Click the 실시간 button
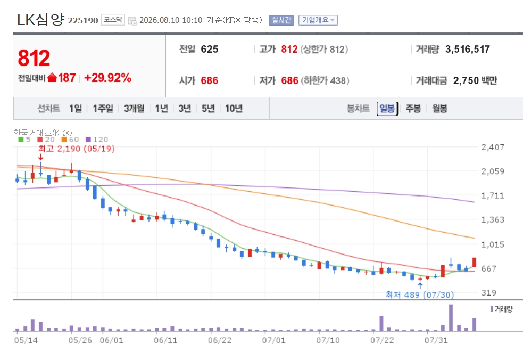tap(281, 20)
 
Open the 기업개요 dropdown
tap(318, 20)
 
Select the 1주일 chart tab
tap(103, 109)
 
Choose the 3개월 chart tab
tap(134, 109)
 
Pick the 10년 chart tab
tap(234, 109)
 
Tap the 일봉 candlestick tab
tap(387, 109)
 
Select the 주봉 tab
tap(413, 109)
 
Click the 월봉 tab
tap(439, 109)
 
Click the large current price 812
tap(34, 58)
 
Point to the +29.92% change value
tap(107, 78)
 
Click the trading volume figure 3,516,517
tap(467, 50)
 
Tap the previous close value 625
tap(210, 50)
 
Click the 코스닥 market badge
tap(113, 20)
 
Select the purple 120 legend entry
tap(97, 140)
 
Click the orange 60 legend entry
tap(70, 140)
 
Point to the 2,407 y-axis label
tap(493, 148)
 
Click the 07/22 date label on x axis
tap(382, 341)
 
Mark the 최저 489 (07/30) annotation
tap(420, 295)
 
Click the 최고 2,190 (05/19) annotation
tap(77, 149)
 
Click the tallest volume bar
tap(451, 317)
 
